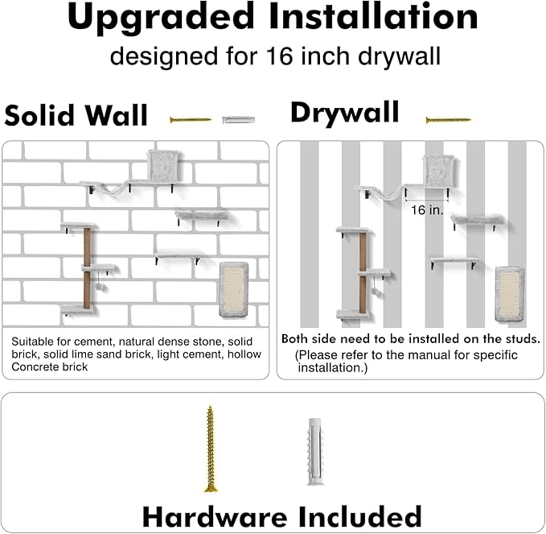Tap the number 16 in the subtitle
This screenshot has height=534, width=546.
(x=280, y=56)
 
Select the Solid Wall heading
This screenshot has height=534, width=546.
(x=76, y=115)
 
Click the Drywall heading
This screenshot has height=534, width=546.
(x=345, y=113)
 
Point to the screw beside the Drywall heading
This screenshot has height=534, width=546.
(x=449, y=120)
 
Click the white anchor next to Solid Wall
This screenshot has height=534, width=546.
(x=239, y=120)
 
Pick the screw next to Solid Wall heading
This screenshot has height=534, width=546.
(x=191, y=120)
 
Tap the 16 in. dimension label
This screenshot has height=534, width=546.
(x=427, y=210)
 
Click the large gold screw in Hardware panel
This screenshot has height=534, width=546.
(x=210, y=449)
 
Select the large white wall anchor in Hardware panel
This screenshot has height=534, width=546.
(x=315, y=452)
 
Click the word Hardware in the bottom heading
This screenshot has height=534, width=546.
(x=215, y=517)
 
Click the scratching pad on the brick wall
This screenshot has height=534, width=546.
(x=234, y=289)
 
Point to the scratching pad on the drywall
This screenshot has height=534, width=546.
(x=510, y=294)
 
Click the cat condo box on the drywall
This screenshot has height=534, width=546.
(x=439, y=171)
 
